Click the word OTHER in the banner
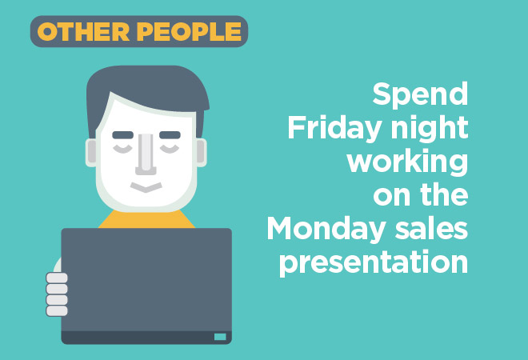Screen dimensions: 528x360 point(83,32)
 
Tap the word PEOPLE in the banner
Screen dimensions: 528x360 point(190,32)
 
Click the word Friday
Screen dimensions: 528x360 point(334,129)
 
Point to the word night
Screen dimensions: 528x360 point(430,129)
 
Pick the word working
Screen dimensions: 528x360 point(407,162)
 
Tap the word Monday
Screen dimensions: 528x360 point(326,229)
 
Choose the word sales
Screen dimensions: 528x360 point(432,228)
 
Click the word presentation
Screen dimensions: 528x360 point(374,262)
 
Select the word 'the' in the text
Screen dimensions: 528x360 point(444,194)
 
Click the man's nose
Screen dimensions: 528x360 point(146,154)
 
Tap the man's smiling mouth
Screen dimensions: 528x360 point(146,187)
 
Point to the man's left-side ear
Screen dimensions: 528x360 point(91,153)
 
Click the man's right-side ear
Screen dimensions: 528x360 point(201,153)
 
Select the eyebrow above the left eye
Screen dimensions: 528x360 point(123,135)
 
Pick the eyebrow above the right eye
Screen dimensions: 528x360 point(170,135)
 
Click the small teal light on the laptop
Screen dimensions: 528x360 point(220,337)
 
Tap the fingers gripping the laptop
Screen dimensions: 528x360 point(57,294)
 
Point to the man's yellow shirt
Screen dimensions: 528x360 point(146,219)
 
